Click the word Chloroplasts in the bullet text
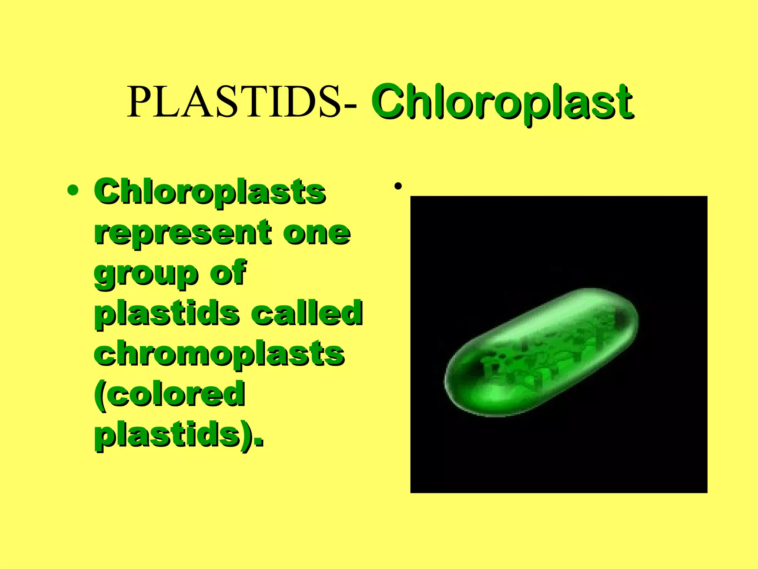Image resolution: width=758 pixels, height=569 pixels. (x=210, y=192)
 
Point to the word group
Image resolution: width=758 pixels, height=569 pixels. (x=145, y=274)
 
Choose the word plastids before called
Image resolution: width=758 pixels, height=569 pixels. (x=167, y=313)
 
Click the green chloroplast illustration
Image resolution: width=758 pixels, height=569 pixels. (x=540, y=352)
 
